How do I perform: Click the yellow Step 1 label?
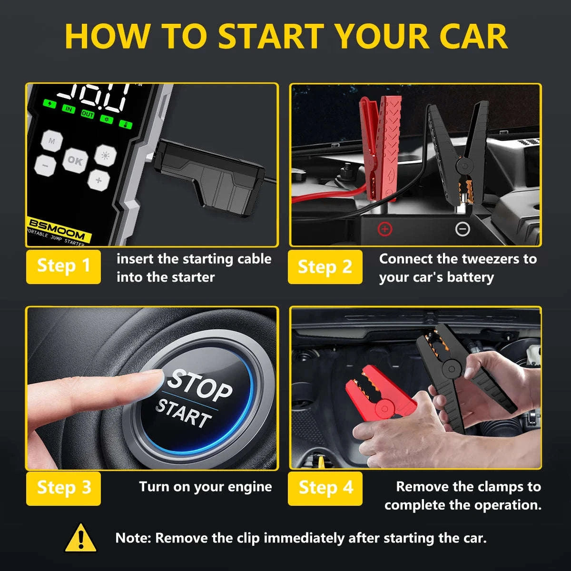point(63,266)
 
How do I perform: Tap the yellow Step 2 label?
point(325,266)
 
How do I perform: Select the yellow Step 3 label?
point(63,488)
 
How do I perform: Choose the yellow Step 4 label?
point(325,488)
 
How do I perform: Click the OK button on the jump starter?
point(75,160)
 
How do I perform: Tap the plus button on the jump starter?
point(98,180)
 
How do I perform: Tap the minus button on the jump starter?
point(45,166)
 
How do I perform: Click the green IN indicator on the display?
point(69,109)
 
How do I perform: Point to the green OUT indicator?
point(88,114)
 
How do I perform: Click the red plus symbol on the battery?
point(384,229)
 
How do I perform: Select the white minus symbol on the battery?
point(463,229)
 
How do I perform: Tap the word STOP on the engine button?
point(200,384)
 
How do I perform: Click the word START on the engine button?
point(184,413)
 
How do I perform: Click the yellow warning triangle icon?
point(81,538)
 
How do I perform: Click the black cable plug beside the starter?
point(209,176)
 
